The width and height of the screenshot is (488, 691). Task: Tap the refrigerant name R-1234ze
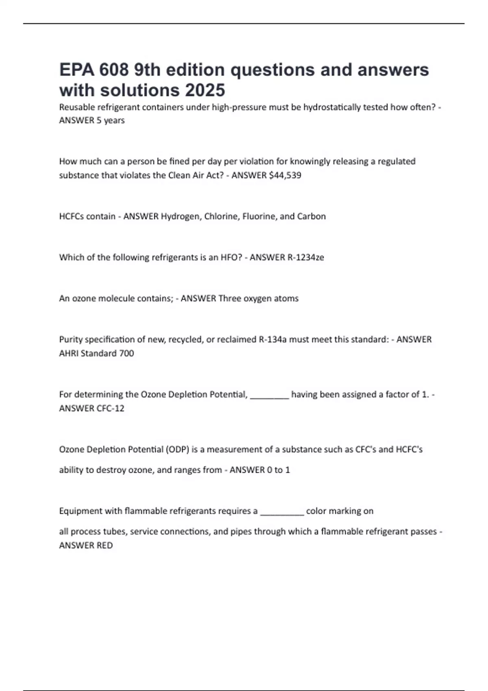pos(306,257)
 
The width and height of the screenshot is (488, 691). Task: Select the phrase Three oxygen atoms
pos(258,298)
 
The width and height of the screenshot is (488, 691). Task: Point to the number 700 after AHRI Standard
pos(126,353)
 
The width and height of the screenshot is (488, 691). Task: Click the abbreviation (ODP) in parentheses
pos(177,450)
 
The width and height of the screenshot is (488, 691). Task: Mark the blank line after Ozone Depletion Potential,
pos(270,395)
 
